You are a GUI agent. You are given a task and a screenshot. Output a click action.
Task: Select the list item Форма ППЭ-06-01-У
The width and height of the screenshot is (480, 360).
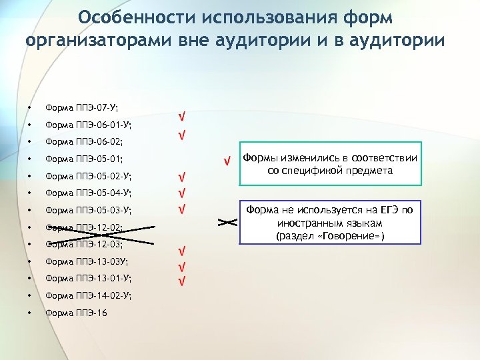click(87, 125)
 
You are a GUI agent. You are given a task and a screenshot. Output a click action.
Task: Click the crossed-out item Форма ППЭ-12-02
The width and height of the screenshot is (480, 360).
click(83, 227)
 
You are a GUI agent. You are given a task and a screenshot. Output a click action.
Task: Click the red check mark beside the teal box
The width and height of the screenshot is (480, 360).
click(227, 161)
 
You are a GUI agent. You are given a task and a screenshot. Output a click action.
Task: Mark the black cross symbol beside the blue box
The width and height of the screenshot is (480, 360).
click(227, 222)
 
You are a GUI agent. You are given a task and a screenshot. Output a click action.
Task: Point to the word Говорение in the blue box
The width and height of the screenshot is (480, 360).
click(357, 236)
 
